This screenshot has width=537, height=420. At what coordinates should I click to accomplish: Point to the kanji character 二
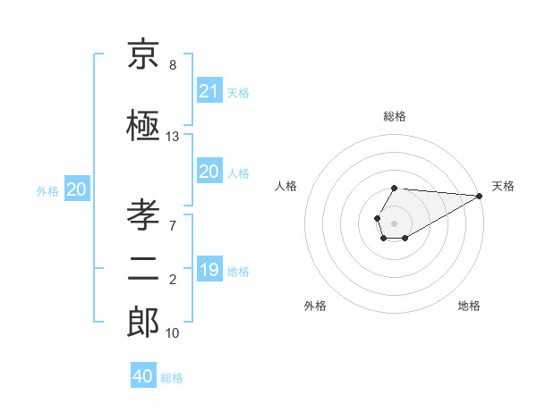pyautogui.click(x=143, y=270)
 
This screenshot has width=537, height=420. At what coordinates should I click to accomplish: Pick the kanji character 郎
pyautogui.click(x=143, y=323)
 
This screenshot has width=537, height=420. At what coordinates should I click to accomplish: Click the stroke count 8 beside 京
pyautogui.click(x=173, y=65)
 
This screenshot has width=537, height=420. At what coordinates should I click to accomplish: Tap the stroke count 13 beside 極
pyautogui.click(x=173, y=137)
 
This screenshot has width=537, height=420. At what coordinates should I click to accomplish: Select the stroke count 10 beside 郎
pyautogui.click(x=173, y=333)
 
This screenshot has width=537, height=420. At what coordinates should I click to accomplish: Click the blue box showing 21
pyautogui.click(x=209, y=91)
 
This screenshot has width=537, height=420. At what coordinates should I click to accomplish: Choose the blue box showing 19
pyautogui.click(x=209, y=270)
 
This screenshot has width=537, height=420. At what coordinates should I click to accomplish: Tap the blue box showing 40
pyautogui.click(x=143, y=376)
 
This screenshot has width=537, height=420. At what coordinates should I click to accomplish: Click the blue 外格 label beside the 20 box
pyautogui.click(x=47, y=190)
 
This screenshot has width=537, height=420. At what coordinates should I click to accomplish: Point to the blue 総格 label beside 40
pyautogui.click(x=172, y=378)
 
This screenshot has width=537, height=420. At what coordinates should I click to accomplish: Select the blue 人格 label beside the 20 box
pyautogui.click(x=238, y=173)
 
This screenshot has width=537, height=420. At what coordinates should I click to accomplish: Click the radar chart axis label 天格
pyautogui.click(x=503, y=186)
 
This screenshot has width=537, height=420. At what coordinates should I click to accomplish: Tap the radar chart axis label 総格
pyautogui.click(x=395, y=116)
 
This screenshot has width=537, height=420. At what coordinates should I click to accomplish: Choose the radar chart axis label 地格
pyautogui.click(x=469, y=307)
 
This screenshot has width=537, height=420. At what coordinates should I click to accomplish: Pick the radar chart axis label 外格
pyautogui.click(x=315, y=307)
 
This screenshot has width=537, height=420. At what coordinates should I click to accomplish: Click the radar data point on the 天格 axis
pyautogui.click(x=479, y=196)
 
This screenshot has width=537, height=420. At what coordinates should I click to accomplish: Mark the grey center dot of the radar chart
pyautogui.click(x=394, y=222)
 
